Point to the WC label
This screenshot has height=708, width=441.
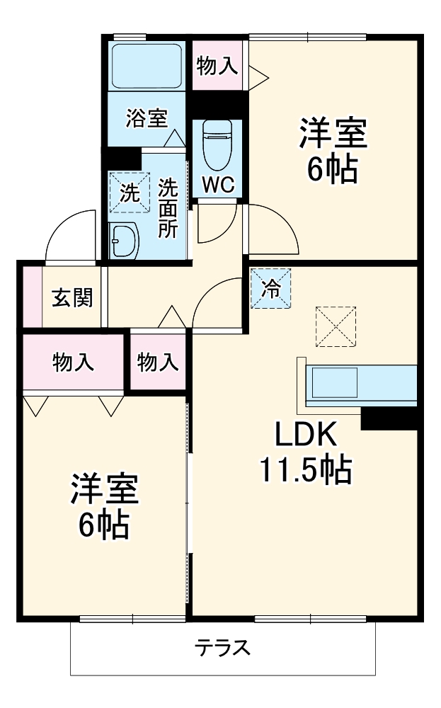pyautogui.click(x=217, y=185)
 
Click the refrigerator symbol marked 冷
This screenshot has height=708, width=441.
pyautogui.click(x=271, y=288)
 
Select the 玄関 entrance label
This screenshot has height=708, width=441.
pyautogui.click(x=71, y=298)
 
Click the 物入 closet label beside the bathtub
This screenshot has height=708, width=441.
pyautogui.click(x=217, y=67)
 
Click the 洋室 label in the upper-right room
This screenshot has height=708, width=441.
pyautogui.click(x=332, y=135)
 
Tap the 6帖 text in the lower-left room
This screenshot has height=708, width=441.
pyautogui.click(x=103, y=524)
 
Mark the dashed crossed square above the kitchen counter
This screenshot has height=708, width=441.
pyautogui.click(x=336, y=326)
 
